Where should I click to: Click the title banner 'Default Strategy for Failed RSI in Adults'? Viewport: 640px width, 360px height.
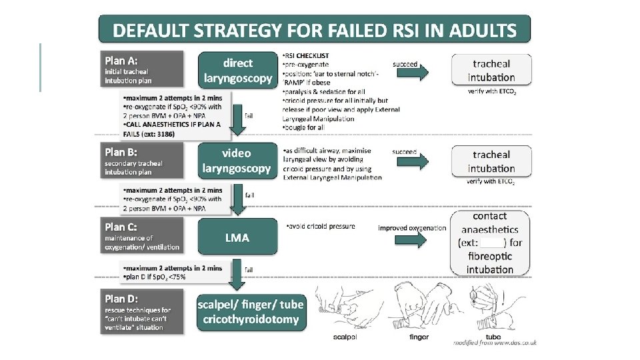pos(315,30)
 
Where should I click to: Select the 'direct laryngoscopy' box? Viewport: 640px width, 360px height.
pos(238,71)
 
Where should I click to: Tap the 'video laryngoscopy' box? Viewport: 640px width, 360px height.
pos(238,161)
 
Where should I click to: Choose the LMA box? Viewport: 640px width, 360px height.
pos(238,237)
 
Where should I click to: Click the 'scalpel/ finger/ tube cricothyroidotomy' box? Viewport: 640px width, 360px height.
pos(251,311)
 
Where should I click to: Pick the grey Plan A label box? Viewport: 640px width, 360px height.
pos(141,69)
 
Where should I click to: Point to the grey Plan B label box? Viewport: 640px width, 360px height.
pos(141,160)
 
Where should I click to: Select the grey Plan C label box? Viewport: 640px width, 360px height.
pos(141,237)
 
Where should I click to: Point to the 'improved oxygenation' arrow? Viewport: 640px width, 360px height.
pos(413,239)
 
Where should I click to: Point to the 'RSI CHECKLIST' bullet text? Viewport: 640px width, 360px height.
pos(305,55)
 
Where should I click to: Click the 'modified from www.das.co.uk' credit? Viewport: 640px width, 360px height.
pos(495,342)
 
